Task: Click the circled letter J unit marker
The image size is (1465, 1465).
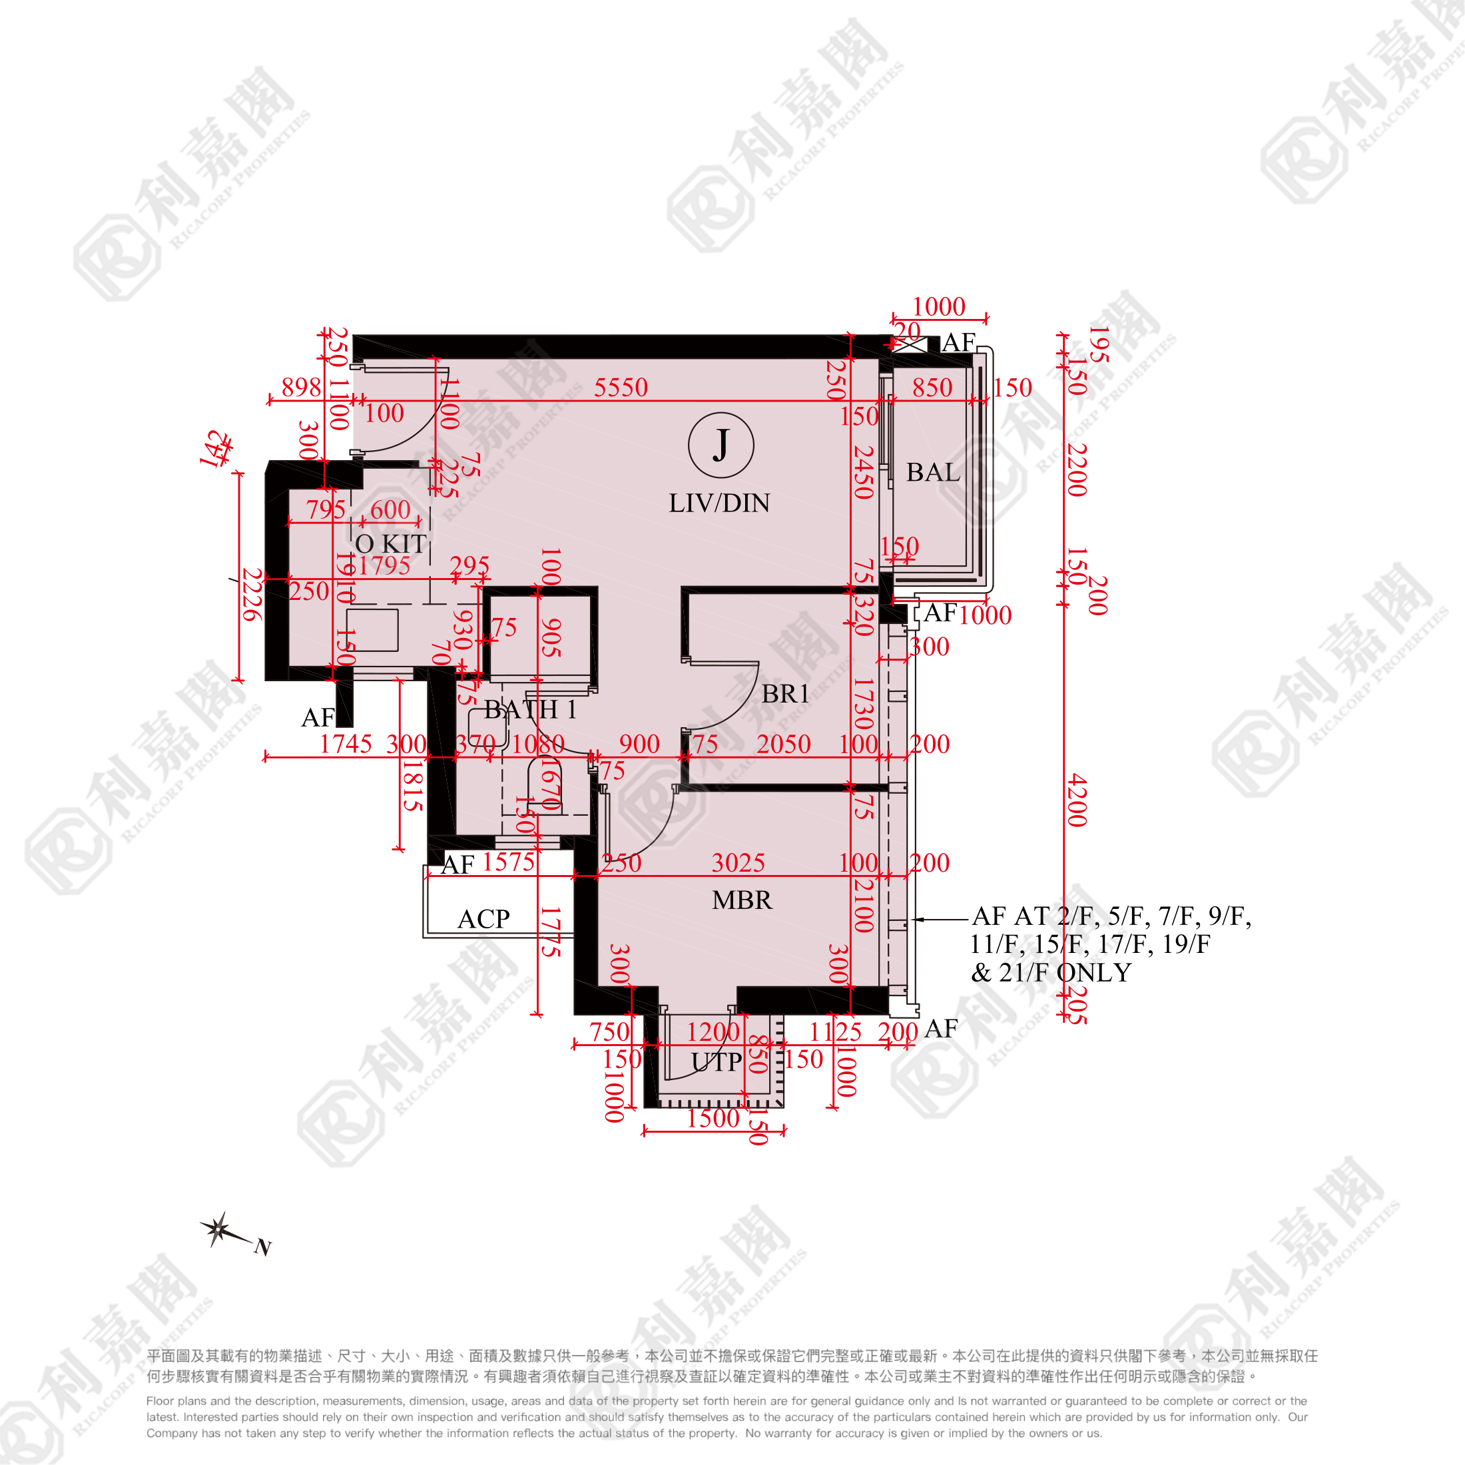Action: (x=721, y=445)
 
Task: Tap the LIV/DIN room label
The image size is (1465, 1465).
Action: (x=719, y=503)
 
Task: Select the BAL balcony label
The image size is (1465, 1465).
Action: (x=933, y=472)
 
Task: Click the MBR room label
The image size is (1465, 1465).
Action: (x=742, y=900)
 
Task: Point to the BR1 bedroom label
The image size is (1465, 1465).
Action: (x=785, y=694)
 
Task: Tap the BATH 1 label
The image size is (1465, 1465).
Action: (x=530, y=710)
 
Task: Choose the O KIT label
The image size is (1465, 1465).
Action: (x=390, y=543)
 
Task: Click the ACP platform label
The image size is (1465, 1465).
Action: (x=484, y=919)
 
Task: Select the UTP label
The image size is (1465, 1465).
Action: (x=717, y=1062)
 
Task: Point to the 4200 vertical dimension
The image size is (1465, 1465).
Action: (x=1077, y=800)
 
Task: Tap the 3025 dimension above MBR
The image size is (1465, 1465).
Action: (x=738, y=862)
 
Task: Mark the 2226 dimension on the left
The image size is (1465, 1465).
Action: (x=252, y=595)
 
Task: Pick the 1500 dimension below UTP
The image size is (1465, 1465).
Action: (x=712, y=1117)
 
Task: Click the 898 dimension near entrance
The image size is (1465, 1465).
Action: (x=301, y=388)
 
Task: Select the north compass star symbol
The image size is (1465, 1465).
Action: (x=218, y=1229)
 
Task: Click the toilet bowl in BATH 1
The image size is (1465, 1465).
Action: (x=545, y=785)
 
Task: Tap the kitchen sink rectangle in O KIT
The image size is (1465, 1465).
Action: (x=372, y=629)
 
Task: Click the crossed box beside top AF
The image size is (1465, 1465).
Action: (x=909, y=344)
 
